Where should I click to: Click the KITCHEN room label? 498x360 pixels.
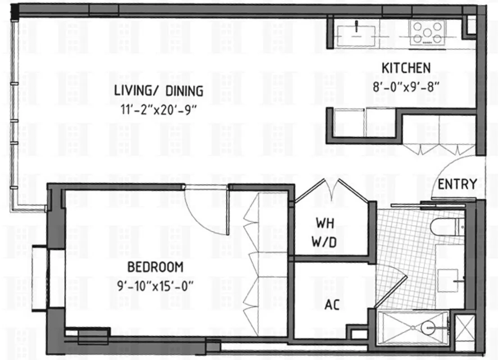click(406, 68)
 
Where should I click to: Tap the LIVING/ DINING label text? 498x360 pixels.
click(158, 91)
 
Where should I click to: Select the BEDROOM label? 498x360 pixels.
click(155, 267)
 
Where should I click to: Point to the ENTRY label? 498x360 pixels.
click(457, 184)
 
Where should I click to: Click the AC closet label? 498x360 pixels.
click(332, 305)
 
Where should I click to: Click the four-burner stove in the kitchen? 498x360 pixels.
click(426, 32)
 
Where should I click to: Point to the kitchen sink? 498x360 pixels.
click(357, 33)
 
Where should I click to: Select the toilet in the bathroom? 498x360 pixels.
click(446, 226)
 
